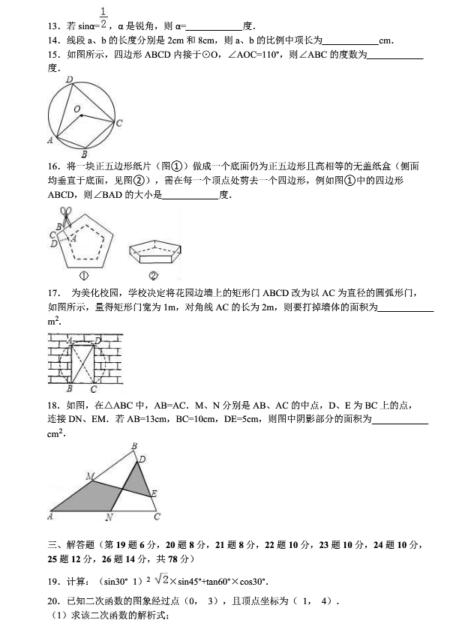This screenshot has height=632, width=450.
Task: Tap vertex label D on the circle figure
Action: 69,79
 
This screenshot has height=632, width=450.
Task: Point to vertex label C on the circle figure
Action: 120,124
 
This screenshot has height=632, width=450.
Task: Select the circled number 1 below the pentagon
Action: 85,275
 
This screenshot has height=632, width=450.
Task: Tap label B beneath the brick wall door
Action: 68,389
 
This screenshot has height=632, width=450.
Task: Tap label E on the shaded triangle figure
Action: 154,493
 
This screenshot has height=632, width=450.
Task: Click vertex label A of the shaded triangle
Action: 49,516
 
